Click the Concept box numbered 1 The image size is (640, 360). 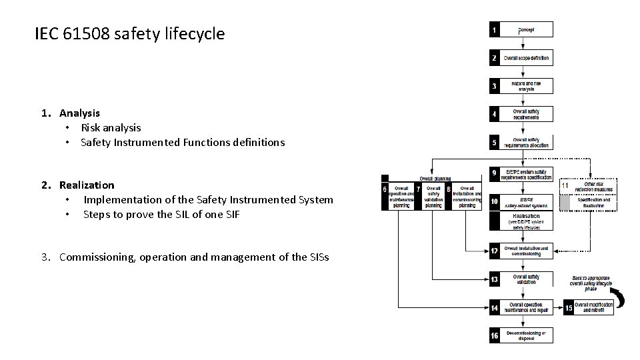click(x=527, y=29)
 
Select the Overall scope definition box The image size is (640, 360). click(x=527, y=58)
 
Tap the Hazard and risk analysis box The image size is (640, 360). click(x=527, y=86)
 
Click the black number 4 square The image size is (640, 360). click(x=494, y=114)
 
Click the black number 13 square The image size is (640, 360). click(x=494, y=279)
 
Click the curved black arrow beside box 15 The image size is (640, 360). click(x=619, y=298)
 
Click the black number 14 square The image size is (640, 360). click(x=494, y=307)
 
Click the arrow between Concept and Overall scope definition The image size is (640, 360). click(x=522, y=43)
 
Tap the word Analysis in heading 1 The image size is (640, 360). click(x=79, y=113)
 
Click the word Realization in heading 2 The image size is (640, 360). click(x=87, y=185)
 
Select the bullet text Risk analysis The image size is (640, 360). click(x=111, y=127)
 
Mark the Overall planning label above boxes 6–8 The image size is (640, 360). click(x=435, y=179)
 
